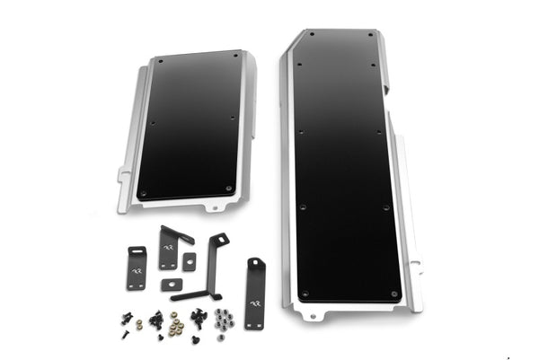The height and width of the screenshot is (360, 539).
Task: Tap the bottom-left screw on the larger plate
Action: [x=304, y=293]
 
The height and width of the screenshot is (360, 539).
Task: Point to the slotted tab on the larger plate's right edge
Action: [x=415, y=266]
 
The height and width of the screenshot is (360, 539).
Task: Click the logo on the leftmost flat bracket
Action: [x=137, y=269]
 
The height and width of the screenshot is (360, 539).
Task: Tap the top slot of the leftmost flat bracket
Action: [x=137, y=250]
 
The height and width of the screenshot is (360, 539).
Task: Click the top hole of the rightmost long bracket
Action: [x=256, y=262]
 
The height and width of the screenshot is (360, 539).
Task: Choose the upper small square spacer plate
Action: [x=189, y=261]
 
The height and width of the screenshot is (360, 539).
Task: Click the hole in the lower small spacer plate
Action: [x=172, y=285]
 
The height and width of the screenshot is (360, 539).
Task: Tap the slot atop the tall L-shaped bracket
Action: [x=219, y=239]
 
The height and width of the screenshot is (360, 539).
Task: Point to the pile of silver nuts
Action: [x=224, y=319]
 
